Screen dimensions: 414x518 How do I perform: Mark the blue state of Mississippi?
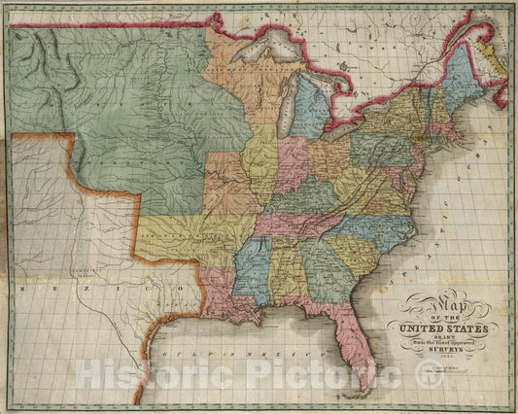point(251,262)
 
